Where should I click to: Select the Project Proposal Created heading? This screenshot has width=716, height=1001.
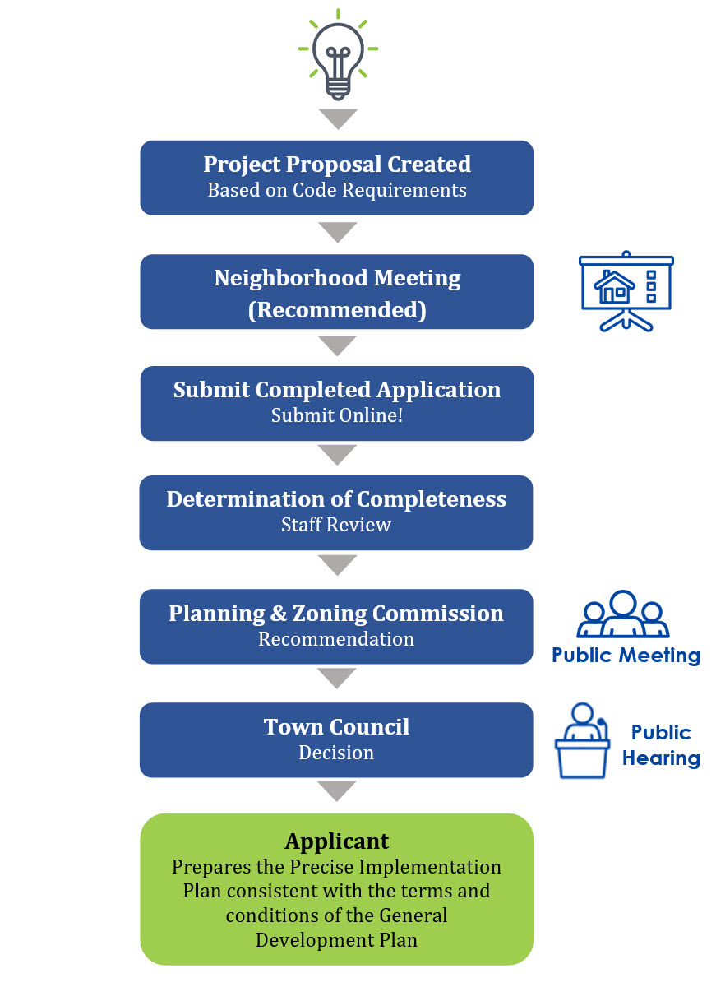[337, 165]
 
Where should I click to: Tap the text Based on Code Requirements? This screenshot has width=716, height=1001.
[337, 190]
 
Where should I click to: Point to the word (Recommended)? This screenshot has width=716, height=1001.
[337, 310]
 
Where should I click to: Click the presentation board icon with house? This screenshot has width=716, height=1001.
[626, 291]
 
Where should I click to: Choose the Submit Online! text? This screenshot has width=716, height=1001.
[337, 415]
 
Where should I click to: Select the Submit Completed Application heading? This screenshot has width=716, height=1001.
[337, 390]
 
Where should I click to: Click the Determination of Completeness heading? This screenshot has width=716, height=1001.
[336, 499]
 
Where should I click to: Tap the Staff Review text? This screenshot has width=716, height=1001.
[336, 525]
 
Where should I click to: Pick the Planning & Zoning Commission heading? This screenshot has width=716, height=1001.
[336, 614]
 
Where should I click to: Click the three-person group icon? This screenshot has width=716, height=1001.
[622, 614]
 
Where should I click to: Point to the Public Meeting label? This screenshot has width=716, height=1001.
[626, 656]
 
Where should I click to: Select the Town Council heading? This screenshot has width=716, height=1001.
[336, 727]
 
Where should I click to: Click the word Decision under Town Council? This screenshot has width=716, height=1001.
[336, 753]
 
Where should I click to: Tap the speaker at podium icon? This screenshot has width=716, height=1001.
[582, 740]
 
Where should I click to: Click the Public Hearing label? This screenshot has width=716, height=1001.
[661, 745]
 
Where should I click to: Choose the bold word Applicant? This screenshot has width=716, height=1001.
[337, 841]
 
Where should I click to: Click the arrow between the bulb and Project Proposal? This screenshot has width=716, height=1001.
[338, 119]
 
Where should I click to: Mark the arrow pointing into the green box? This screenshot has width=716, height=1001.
[336, 791]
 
